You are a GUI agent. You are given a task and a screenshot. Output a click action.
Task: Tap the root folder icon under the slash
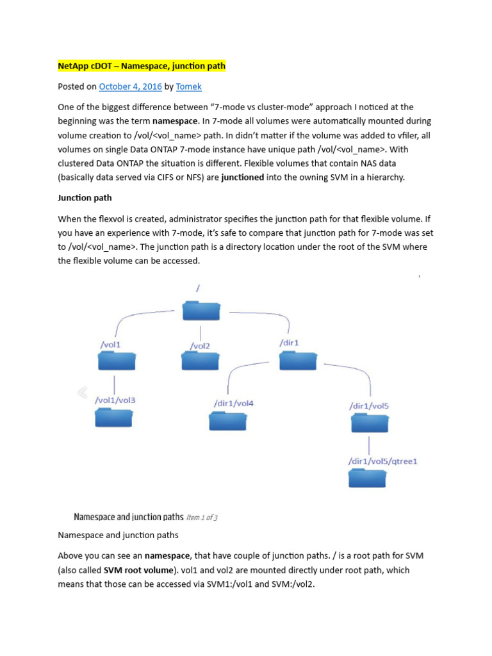click(201, 311)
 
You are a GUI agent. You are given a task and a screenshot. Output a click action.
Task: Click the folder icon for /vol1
click(116, 361)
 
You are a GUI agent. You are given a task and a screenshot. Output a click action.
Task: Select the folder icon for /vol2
click(200, 361)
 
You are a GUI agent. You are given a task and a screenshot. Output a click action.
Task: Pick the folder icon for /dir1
click(297, 361)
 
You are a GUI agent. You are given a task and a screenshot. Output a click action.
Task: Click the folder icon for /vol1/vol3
click(113, 418)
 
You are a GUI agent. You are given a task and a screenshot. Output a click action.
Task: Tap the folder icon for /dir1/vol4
click(228, 421)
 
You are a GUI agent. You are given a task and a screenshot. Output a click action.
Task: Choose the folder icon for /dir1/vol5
click(369, 423)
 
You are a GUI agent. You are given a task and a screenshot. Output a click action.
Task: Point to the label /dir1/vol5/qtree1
click(382, 461)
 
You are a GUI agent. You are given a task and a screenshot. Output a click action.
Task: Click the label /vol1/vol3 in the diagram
click(115, 400)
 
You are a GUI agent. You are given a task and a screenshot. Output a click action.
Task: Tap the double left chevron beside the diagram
click(82, 392)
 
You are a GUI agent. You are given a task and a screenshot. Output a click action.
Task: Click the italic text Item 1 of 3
click(201, 517)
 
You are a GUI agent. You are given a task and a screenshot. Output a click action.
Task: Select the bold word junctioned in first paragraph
click(243, 177)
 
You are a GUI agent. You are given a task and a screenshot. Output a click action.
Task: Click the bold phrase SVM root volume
click(132, 570)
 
